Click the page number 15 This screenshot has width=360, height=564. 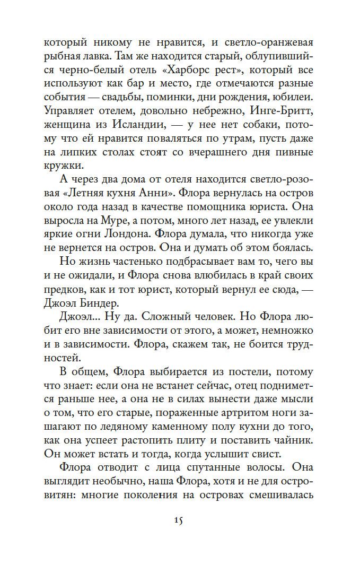178,520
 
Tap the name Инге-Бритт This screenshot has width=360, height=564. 288,113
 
